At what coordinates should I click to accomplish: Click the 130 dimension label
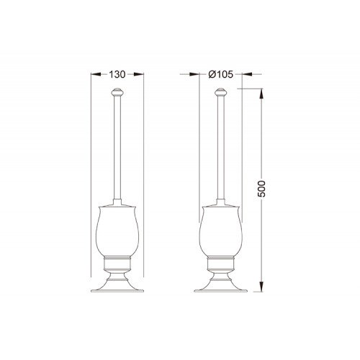[x=117, y=74]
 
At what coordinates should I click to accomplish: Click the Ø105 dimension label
[x=220, y=74]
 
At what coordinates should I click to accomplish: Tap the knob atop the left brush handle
[x=117, y=91]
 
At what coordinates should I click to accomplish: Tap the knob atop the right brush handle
[x=220, y=91]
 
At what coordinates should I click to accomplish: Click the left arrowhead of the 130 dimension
[x=96, y=74]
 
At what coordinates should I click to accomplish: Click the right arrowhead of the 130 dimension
[x=139, y=74]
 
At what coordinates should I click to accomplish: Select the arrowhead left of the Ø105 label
[x=194, y=74]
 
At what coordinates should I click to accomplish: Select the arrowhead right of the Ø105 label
[x=247, y=74]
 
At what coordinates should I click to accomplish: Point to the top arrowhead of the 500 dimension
[x=261, y=94]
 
